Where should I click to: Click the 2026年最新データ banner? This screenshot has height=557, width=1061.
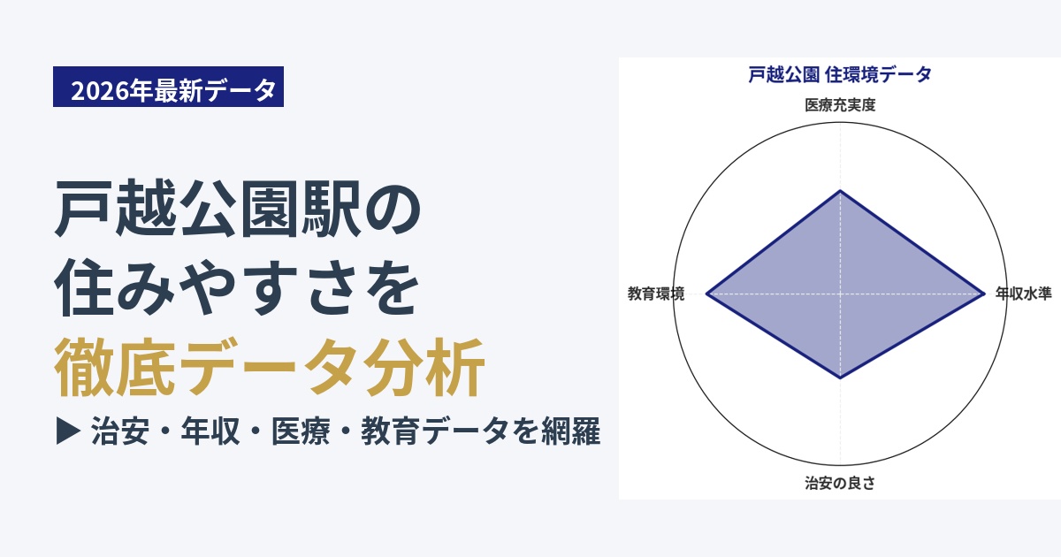tap(168, 87)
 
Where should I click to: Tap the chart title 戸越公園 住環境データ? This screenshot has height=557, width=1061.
tap(840, 75)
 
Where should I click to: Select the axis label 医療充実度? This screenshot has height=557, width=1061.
tap(840, 104)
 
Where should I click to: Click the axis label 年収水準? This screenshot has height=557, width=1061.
tap(1024, 294)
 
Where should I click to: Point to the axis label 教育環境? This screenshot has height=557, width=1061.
tap(656, 294)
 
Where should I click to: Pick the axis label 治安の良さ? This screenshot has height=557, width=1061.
tap(840, 483)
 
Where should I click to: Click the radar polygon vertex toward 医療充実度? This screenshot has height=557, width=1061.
tap(840, 190)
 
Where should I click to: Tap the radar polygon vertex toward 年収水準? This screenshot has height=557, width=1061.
tap(984, 294)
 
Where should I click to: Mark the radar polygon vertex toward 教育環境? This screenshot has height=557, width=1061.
tap(706, 294)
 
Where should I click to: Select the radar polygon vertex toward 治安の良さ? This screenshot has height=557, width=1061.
tap(840, 378)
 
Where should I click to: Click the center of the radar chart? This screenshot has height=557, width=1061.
tap(840, 294)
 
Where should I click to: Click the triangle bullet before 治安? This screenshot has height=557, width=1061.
tap(68, 431)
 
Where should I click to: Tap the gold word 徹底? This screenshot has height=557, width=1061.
tap(115, 367)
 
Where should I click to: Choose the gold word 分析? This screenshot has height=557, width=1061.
tap(424, 367)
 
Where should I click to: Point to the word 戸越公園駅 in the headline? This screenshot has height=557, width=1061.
tap(208, 209)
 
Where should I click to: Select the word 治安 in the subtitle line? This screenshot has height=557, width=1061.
tap(120, 431)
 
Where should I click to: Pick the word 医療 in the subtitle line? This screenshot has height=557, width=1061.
tap(301, 431)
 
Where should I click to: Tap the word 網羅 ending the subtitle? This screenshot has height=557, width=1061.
tap(571, 431)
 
